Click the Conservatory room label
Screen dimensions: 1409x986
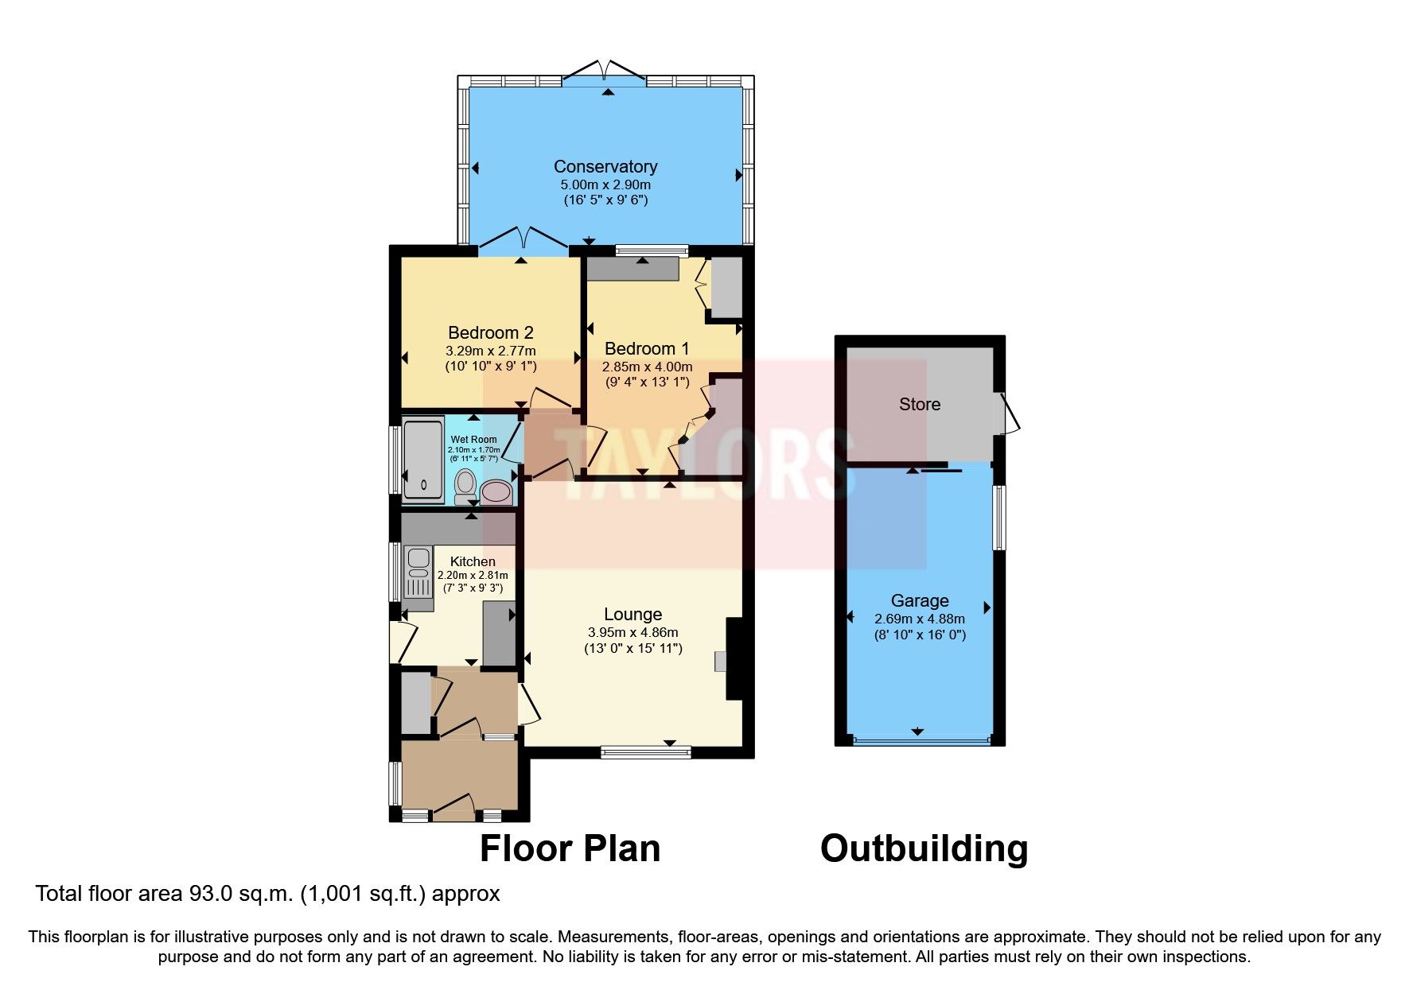click(605, 167)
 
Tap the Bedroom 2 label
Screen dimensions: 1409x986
click(491, 333)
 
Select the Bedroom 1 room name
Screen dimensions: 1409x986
click(647, 348)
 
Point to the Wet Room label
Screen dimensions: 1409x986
click(473, 440)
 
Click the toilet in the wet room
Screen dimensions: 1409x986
click(465, 486)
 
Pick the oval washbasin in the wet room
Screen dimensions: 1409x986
click(496, 492)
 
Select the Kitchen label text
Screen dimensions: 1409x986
click(473, 561)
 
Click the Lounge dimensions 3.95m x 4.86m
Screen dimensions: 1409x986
click(633, 633)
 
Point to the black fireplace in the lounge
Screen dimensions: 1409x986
click(734, 659)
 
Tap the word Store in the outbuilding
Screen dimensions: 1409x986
click(920, 404)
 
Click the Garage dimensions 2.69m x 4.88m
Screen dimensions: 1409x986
click(920, 619)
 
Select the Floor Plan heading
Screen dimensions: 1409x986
click(570, 848)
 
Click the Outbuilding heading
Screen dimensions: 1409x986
click(924, 848)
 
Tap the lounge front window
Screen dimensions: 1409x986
click(645, 751)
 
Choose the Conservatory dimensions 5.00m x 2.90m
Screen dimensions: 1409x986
click(605, 184)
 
